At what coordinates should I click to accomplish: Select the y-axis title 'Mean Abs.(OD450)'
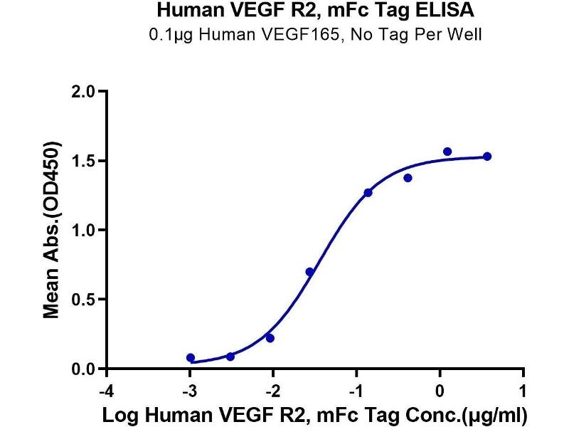click(51, 230)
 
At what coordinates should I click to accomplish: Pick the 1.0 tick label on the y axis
click(85, 230)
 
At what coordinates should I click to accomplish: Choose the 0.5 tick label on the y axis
click(85, 300)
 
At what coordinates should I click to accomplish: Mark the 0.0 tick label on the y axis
click(85, 369)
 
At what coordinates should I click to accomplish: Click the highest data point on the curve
click(447, 152)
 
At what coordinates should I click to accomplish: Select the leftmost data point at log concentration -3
click(191, 357)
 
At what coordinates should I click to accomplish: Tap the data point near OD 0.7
click(309, 272)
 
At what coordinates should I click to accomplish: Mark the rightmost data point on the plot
click(487, 157)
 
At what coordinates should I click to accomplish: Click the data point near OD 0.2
click(270, 338)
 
